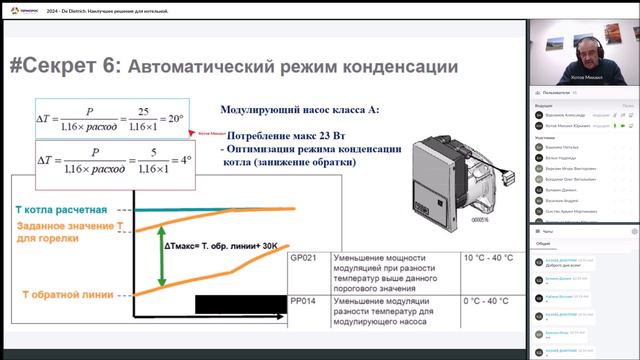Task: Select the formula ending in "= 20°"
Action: [110, 119]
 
